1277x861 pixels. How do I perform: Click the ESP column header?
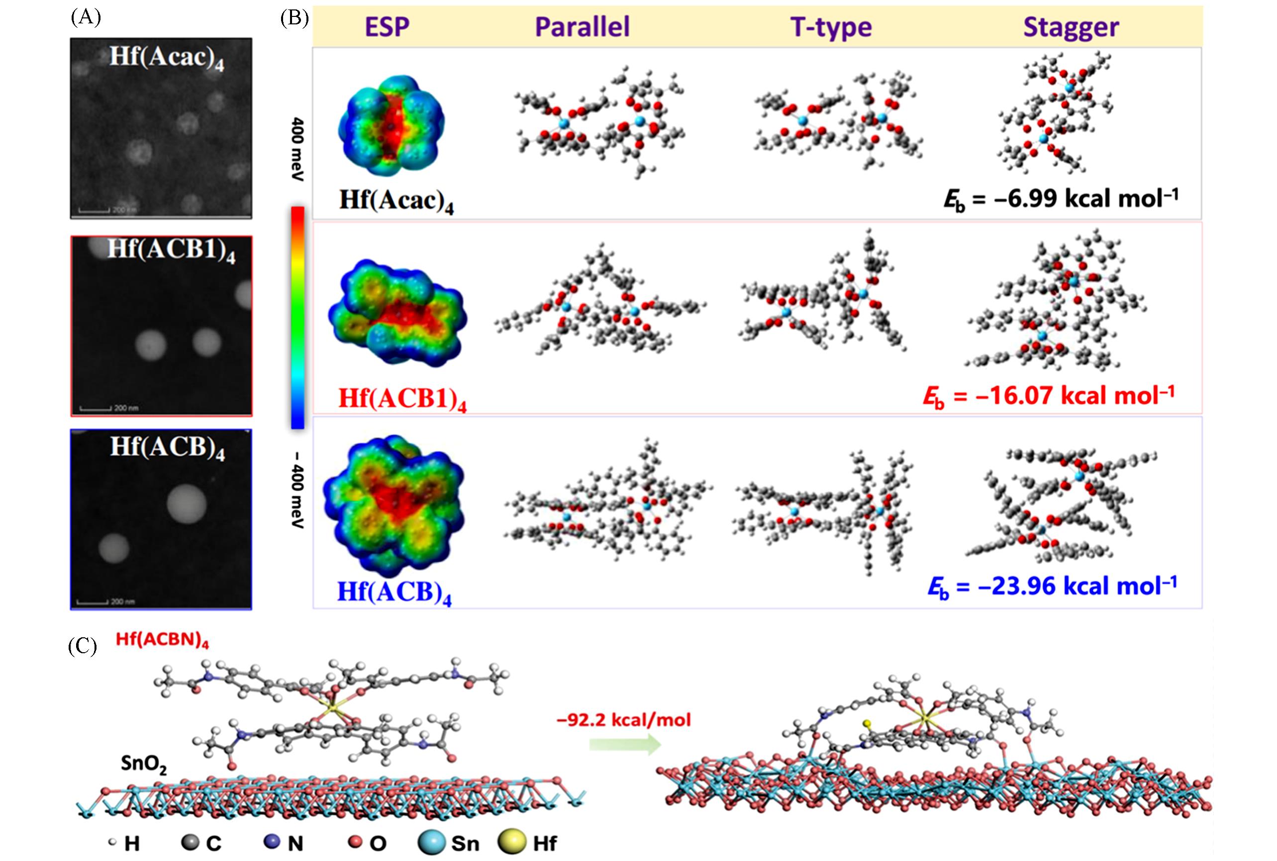click(x=387, y=27)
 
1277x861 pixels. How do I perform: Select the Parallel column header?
click(x=582, y=27)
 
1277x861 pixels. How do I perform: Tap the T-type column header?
click(x=831, y=27)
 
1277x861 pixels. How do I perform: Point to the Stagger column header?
click(x=1071, y=27)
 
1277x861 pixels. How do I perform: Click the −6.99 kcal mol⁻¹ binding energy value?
click(x=1061, y=199)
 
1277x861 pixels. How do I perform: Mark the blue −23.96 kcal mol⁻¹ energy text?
click(x=1052, y=587)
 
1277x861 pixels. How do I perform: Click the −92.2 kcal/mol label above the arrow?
click(x=624, y=719)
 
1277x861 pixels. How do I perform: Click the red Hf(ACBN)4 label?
click(x=162, y=640)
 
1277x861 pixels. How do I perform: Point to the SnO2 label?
click(x=143, y=764)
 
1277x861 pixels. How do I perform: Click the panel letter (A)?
click(x=86, y=17)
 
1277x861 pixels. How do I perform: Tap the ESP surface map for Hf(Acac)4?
click(x=391, y=125)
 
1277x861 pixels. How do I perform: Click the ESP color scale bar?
click(x=297, y=317)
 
